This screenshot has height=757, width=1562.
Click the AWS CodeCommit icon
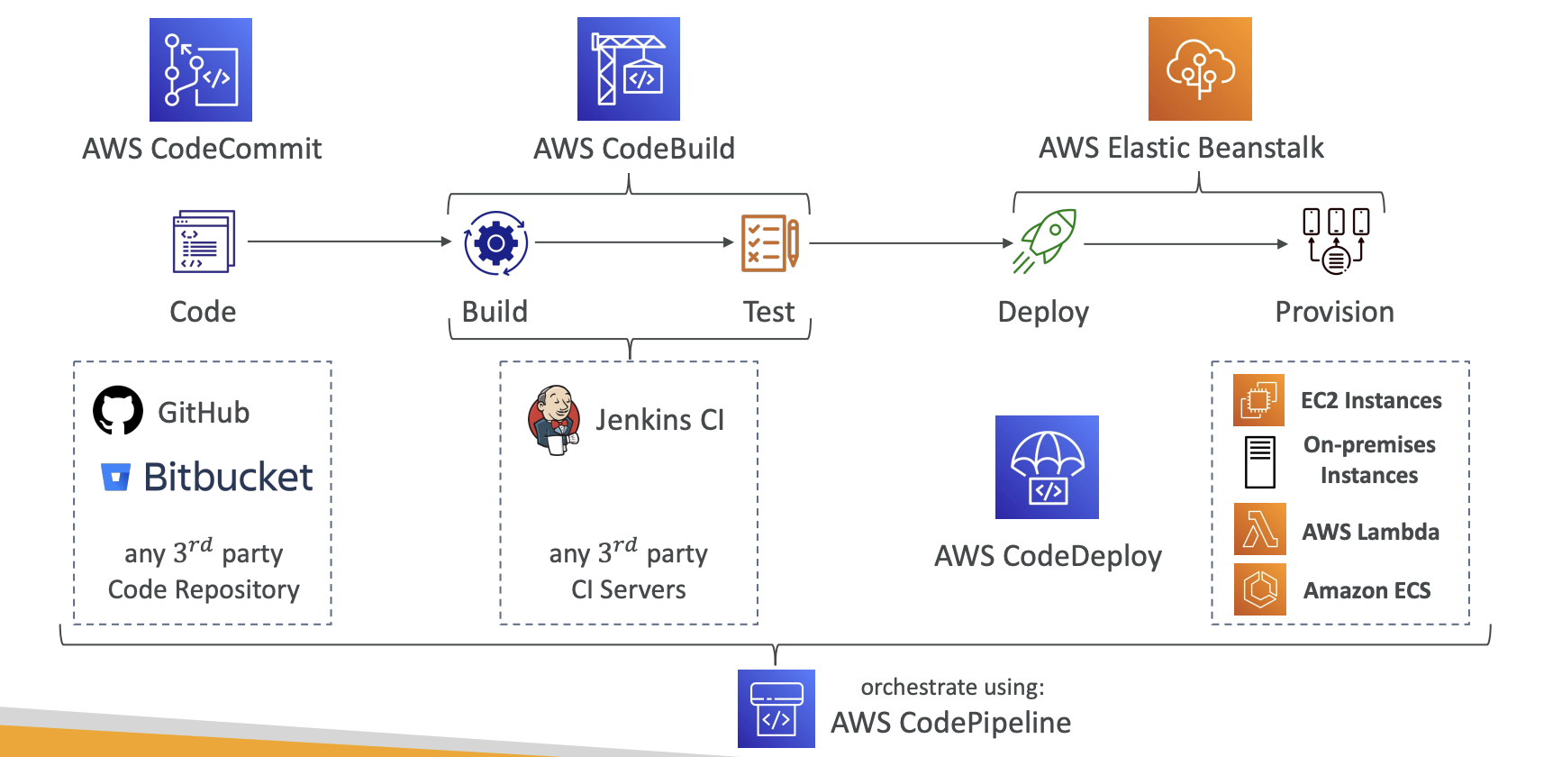(x=201, y=69)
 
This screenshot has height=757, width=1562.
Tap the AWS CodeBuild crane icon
(x=629, y=68)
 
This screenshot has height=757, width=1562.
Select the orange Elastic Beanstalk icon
(x=1200, y=68)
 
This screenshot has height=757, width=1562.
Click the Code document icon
(x=204, y=242)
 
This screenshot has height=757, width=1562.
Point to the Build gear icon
(x=495, y=243)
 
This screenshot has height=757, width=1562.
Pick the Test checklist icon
(x=769, y=242)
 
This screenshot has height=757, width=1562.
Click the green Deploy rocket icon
(x=1045, y=241)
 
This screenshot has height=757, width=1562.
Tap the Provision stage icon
(x=1336, y=241)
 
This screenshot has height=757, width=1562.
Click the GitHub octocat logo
(x=118, y=411)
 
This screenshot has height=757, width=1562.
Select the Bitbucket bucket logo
(x=115, y=477)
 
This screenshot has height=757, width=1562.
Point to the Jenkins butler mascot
(x=553, y=420)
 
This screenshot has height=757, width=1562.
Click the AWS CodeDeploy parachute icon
(x=1047, y=467)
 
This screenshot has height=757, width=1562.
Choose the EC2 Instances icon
(x=1258, y=400)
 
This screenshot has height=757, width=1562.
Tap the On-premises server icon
(x=1259, y=461)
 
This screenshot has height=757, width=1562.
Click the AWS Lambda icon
(x=1259, y=530)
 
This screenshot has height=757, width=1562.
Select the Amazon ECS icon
(x=1259, y=589)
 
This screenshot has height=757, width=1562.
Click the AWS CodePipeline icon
(x=776, y=708)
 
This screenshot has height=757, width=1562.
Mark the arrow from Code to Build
(x=349, y=242)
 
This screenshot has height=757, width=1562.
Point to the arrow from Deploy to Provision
(x=1185, y=243)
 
